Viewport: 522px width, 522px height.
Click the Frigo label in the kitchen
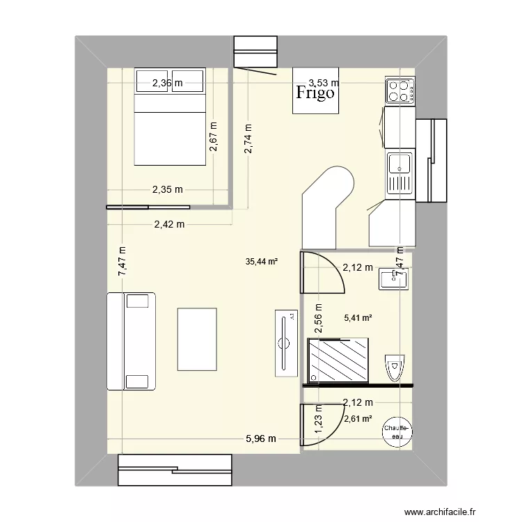click(x=315, y=93)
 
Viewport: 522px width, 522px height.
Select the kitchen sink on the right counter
click(x=400, y=164)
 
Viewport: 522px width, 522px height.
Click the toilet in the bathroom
click(x=395, y=365)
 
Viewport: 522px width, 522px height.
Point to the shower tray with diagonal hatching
click(x=339, y=359)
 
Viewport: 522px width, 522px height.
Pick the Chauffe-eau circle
click(x=397, y=432)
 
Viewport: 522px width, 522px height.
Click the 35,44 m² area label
click(x=262, y=262)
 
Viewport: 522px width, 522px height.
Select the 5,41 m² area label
click(x=358, y=318)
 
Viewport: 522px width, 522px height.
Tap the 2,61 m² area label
click(x=358, y=418)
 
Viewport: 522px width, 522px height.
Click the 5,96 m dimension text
click(x=261, y=438)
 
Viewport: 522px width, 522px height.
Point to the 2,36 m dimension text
click(x=168, y=84)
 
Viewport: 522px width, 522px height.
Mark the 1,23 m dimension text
click(x=319, y=420)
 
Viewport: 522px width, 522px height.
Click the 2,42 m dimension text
click(x=170, y=224)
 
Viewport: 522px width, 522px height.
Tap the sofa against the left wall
click(x=131, y=341)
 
